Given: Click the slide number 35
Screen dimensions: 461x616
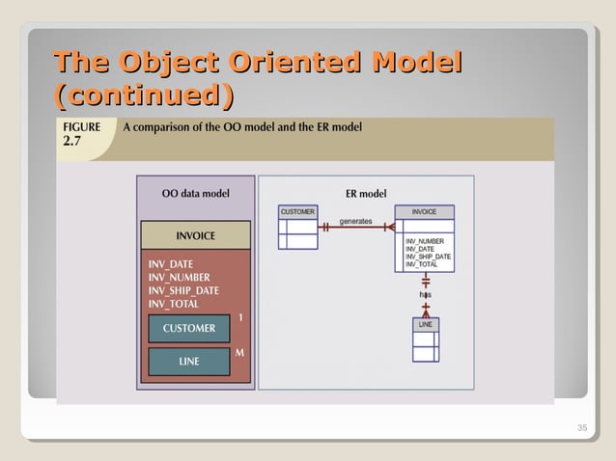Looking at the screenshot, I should coord(581,428).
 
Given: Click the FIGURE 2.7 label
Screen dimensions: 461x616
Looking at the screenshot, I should coord(82,134).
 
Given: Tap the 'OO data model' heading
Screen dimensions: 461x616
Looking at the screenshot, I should coord(195,193).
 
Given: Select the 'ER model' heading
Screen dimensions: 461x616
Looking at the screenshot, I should coord(365,193).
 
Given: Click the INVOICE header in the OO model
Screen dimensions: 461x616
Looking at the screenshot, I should coord(195,235).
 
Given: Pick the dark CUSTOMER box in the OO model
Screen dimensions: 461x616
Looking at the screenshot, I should coord(189,328).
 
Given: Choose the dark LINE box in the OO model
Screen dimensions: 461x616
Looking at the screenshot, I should coord(189,362).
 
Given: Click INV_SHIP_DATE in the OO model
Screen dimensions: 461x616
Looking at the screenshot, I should coord(182,290).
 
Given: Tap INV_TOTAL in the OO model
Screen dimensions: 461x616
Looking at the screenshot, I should coord(173,304).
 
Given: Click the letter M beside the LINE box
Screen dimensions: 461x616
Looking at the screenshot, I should coord(239,352).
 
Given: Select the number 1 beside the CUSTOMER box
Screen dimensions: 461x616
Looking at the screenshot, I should coord(239,317).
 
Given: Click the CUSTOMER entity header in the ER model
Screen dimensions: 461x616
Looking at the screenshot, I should coord(297,211).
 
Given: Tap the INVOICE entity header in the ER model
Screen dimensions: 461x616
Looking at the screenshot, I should coord(424,211).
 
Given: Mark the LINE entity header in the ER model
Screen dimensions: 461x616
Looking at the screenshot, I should coord(425,325).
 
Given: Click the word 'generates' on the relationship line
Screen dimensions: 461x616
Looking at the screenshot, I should coord(355,221).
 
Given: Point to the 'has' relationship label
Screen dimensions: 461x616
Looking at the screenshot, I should coord(425,293).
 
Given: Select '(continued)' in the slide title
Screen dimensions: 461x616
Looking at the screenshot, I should coord(145,96).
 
